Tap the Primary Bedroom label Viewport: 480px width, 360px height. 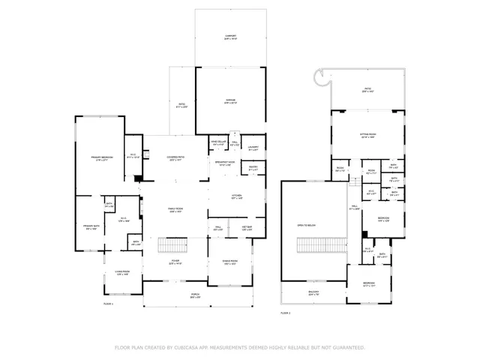point(101,157)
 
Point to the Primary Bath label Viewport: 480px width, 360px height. point(91,226)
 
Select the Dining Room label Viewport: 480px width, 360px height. point(230,262)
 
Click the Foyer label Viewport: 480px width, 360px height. point(175,262)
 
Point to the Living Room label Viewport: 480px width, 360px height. point(122,273)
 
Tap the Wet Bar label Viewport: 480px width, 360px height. point(247,227)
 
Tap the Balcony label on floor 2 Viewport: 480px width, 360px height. point(313,292)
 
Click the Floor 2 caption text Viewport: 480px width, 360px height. point(286,312)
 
